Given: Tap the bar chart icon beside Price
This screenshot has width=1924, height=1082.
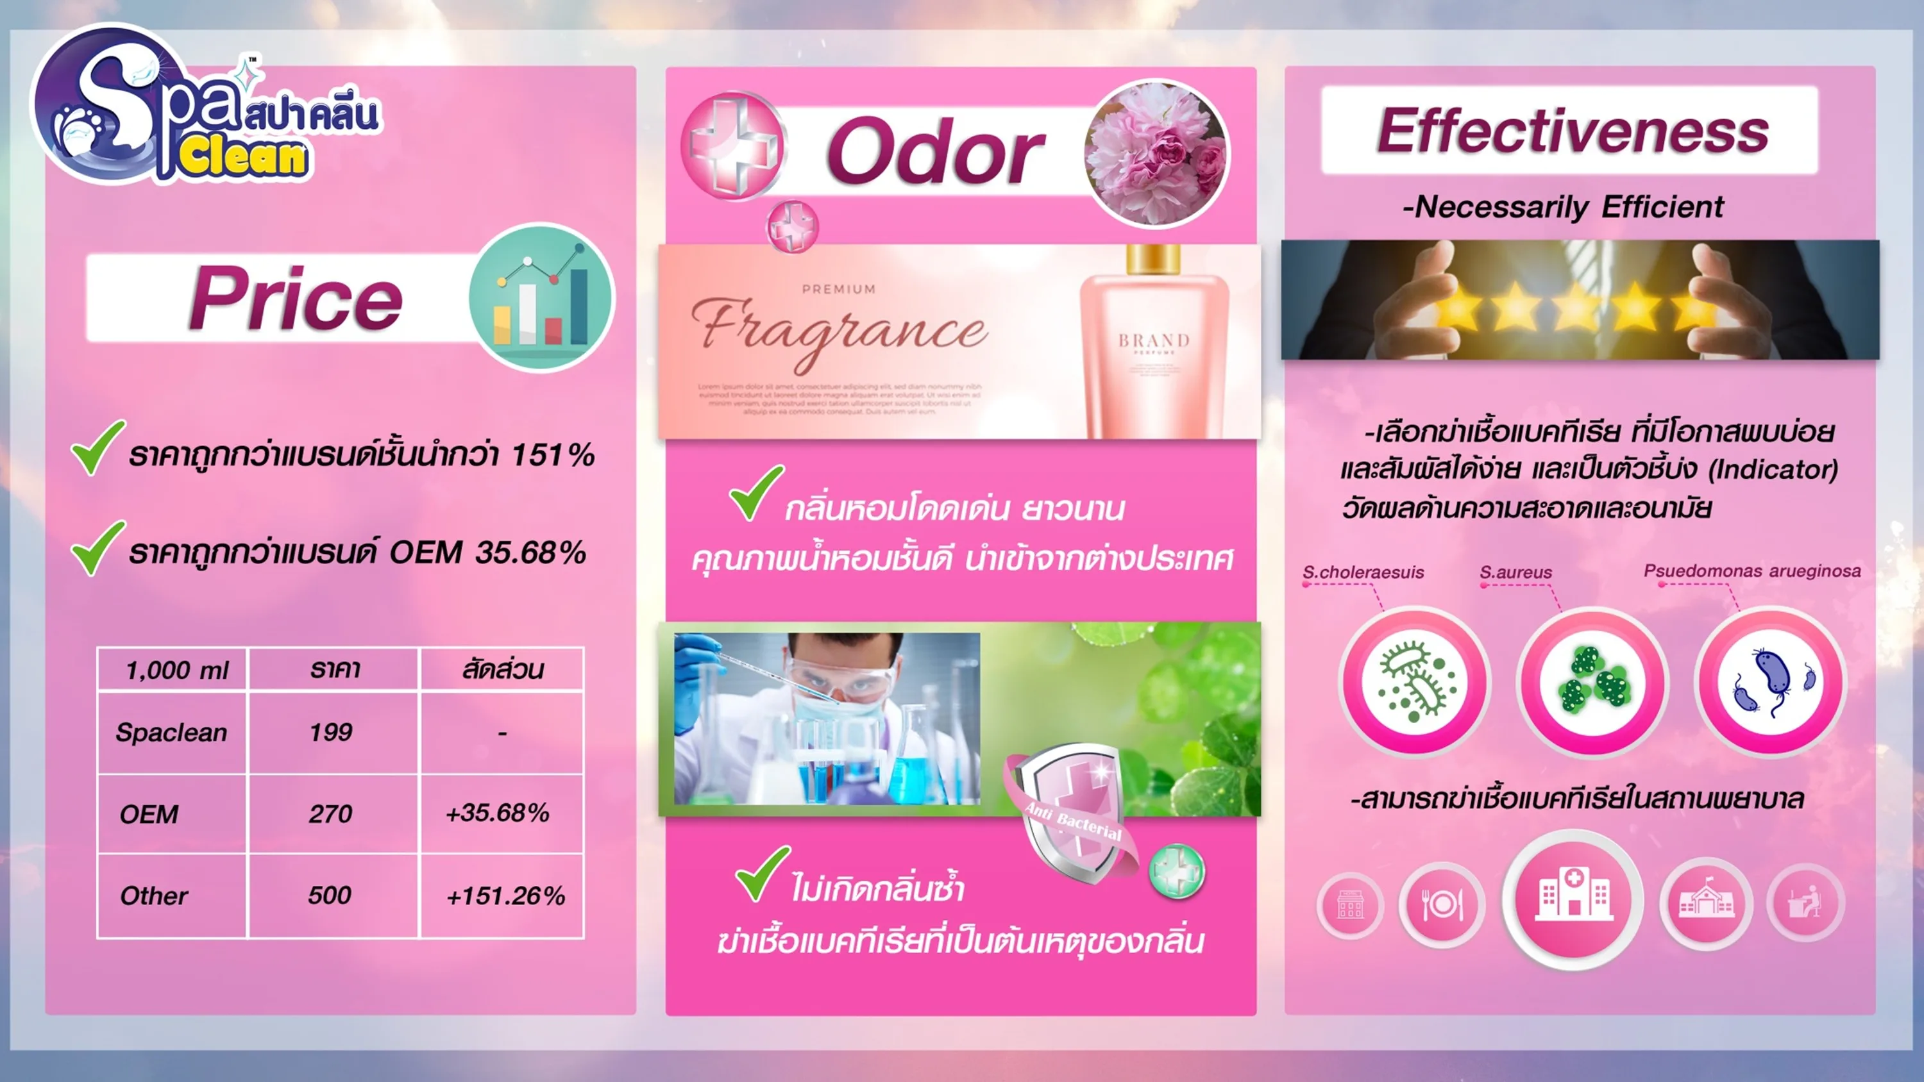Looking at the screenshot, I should (541, 298).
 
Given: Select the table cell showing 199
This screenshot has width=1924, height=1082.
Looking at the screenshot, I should (331, 733).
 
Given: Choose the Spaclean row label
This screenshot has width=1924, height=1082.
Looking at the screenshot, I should (171, 733).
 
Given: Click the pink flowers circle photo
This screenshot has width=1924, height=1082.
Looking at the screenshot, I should (1156, 153).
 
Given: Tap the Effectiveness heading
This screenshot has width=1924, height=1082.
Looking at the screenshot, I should (1572, 131).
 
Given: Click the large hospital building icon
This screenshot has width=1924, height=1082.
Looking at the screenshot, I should (1573, 898).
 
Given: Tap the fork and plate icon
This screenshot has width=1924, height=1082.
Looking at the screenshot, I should (1442, 905).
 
